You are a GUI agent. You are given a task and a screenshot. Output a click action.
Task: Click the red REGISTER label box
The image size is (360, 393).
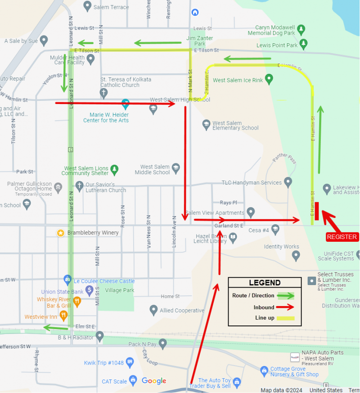(342, 237)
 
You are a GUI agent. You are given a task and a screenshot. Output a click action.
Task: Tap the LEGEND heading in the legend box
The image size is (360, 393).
(265, 283)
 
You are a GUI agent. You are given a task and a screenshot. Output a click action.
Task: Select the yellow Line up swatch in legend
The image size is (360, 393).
(282, 318)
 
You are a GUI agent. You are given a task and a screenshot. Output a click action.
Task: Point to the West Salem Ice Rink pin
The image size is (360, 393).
(269, 80)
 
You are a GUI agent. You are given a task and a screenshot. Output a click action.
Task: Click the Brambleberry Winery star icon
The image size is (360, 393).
(60, 233)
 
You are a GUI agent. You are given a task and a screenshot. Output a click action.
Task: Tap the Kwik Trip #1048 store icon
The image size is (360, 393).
(130, 362)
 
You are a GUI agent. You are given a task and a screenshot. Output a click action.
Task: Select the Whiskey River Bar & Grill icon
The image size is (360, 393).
(77, 301)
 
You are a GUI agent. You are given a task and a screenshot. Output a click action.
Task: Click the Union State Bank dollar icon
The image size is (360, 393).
(89, 291)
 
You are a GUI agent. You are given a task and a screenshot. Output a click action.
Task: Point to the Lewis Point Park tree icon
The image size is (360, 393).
(304, 44)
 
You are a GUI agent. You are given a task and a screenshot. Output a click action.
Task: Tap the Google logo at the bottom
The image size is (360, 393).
(154, 381)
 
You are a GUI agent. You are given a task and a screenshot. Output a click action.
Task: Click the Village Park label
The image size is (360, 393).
(120, 290)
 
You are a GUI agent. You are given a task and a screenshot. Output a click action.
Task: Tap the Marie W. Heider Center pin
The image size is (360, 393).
(126, 104)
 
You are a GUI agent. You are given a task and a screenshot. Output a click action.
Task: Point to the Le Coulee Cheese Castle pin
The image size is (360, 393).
(68, 280)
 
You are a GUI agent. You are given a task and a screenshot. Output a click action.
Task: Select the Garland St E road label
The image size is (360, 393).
(229, 225)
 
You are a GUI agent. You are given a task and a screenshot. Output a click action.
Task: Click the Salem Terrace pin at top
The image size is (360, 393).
(88, 6)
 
